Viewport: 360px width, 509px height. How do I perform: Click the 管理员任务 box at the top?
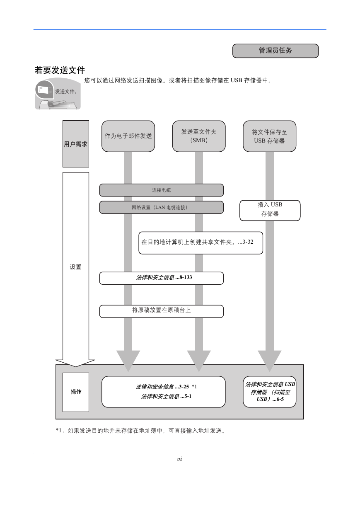[x=275, y=51]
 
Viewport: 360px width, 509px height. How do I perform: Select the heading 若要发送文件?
[x=60, y=70]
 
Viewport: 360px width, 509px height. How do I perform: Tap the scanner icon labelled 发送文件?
[x=58, y=94]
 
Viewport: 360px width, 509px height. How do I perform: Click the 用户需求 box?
[x=76, y=144]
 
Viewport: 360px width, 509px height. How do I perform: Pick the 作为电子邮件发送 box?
[x=128, y=136]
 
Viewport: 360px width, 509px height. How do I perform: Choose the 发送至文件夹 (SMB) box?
[x=199, y=136]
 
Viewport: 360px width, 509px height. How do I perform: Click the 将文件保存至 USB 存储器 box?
[x=269, y=136]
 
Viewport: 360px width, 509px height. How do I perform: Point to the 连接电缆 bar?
[x=162, y=190]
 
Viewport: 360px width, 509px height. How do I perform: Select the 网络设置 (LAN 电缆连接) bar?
[x=162, y=208]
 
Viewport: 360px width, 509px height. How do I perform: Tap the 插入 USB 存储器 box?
[x=270, y=211]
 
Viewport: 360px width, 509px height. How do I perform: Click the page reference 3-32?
[x=248, y=242]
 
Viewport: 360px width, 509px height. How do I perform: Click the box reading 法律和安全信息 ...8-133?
[x=162, y=278]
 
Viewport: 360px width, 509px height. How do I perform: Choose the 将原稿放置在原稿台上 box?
[x=162, y=311]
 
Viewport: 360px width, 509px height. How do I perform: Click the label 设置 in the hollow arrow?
[x=76, y=267]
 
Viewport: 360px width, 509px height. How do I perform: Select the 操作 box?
[x=76, y=392]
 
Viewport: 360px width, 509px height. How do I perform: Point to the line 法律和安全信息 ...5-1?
[x=166, y=396]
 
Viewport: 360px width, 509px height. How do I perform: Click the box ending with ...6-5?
[x=269, y=392]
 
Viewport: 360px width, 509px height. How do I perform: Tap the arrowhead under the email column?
[x=128, y=360]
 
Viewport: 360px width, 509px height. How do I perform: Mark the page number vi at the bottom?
[x=179, y=459]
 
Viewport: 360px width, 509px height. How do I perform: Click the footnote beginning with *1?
[x=140, y=431]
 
